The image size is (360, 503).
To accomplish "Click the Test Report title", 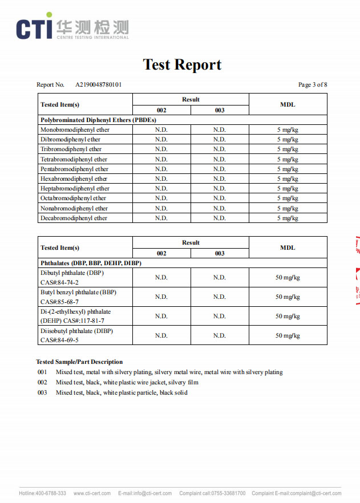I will point(182,64).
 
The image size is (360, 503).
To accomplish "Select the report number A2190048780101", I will point(99,85).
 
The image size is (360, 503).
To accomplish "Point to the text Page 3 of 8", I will point(313,85).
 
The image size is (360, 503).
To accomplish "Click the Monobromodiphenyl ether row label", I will point(75,130).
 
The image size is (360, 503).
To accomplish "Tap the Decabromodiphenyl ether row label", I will point(74,218).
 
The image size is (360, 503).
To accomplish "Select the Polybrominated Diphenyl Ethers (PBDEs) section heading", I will point(98,120).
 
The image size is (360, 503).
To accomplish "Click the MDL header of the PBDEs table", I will point(288,104).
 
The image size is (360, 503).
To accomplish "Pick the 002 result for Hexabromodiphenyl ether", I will point(161,179).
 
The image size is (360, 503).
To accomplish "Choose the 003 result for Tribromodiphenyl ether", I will point(220,149).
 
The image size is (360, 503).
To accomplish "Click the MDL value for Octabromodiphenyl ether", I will point(288,198).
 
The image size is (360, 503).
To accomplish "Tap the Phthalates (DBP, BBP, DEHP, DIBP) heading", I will point(91,263).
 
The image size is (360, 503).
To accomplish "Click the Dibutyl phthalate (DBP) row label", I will point(72,273).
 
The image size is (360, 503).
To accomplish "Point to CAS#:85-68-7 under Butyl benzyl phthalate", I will point(59,302).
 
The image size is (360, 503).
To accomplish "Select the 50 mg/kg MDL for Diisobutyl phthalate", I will point(288,336).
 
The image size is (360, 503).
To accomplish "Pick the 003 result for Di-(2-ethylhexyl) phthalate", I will point(220,316).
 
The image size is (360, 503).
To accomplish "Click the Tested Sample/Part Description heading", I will point(79,362).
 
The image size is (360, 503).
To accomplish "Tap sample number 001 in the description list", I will point(42,372).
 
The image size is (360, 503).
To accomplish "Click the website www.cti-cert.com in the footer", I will point(91,493).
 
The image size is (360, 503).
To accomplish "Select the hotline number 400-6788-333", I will point(51,493).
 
